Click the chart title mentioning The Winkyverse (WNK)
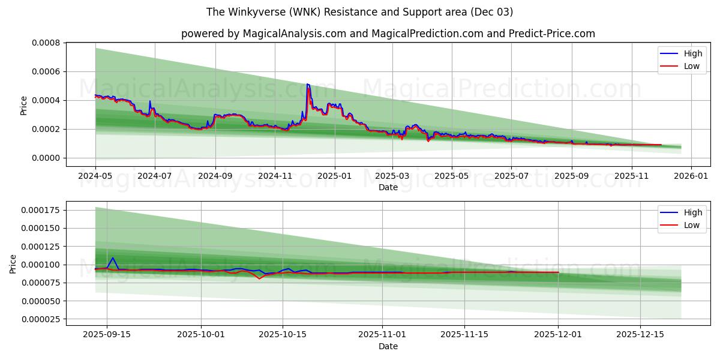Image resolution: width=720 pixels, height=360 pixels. tap(359, 12)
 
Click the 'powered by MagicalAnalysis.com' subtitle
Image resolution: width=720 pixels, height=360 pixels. tap(388, 34)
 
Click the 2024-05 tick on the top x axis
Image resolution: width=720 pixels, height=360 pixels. tap(95, 176)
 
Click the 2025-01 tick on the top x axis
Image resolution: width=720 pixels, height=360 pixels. tap(334, 176)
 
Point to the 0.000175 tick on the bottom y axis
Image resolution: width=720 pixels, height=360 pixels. tap(41, 210)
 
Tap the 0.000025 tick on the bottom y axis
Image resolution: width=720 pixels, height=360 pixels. tap(41, 319)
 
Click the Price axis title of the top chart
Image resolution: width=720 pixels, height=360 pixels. tap(24, 105)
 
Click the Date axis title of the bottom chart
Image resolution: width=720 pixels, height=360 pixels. tap(388, 346)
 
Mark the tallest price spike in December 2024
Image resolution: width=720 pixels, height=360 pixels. tap(308, 85)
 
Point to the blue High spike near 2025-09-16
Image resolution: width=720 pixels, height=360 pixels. tap(113, 258)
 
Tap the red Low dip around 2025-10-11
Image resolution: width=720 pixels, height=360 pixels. tap(259, 278)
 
